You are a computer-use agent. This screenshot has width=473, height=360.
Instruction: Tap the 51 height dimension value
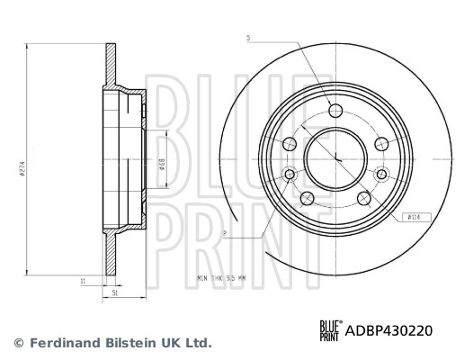116,292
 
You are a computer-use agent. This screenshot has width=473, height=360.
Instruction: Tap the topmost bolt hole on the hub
335,111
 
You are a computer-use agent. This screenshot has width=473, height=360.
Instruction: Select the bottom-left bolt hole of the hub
307,199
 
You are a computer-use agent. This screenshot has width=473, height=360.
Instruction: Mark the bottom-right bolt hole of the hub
363,198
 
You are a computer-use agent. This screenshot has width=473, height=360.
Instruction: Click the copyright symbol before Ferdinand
19,343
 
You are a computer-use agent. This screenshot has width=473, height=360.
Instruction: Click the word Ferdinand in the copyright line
64,343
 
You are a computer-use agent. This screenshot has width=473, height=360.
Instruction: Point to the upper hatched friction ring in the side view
111,63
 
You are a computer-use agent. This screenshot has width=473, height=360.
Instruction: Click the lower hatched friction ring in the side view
111,256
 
